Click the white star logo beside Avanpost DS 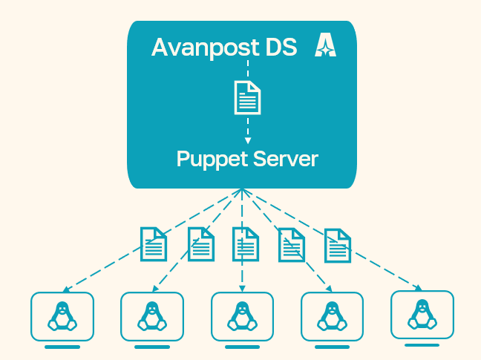point(325,45)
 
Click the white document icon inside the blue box point(248,97)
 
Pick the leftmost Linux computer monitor point(62,315)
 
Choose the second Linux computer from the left point(152,315)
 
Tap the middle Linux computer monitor point(242,315)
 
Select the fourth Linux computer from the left point(332,315)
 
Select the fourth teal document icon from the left point(292,244)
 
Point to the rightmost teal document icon point(337,245)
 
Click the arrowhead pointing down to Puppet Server point(248,140)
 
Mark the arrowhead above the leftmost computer point(66,289)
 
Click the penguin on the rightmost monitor point(422,314)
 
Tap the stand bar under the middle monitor point(242,347)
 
